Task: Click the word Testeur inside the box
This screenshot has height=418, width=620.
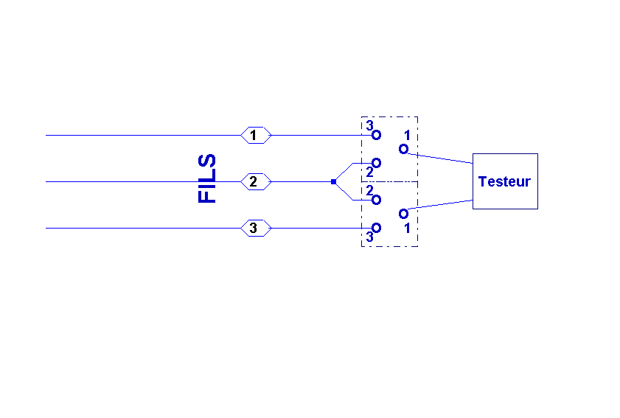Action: click(504, 181)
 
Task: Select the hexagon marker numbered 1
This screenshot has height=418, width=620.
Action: click(256, 136)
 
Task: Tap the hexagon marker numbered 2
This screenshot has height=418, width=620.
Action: click(256, 181)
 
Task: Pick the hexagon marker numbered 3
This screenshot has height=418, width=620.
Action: click(256, 228)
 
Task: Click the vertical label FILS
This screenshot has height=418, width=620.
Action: click(208, 178)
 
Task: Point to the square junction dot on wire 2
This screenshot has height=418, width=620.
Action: click(333, 181)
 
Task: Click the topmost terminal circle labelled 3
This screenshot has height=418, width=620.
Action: click(376, 136)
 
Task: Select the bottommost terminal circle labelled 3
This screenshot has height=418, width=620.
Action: click(376, 228)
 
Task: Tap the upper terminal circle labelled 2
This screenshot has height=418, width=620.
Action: click(376, 162)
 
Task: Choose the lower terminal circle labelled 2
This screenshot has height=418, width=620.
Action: click(376, 200)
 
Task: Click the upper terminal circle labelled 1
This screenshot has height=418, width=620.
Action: click(403, 149)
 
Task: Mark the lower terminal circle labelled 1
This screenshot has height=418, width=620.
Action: click(403, 214)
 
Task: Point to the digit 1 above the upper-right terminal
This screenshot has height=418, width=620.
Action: click(407, 136)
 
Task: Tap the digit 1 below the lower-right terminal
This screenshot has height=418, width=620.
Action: click(407, 229)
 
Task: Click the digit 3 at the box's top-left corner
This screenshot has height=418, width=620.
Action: click(369, 125)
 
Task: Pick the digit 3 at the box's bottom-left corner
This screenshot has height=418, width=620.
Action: click(369, 237)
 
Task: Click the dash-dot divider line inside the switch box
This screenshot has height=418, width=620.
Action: click(391, 181)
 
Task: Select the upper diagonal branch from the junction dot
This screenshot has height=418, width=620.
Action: click(344, 171)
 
